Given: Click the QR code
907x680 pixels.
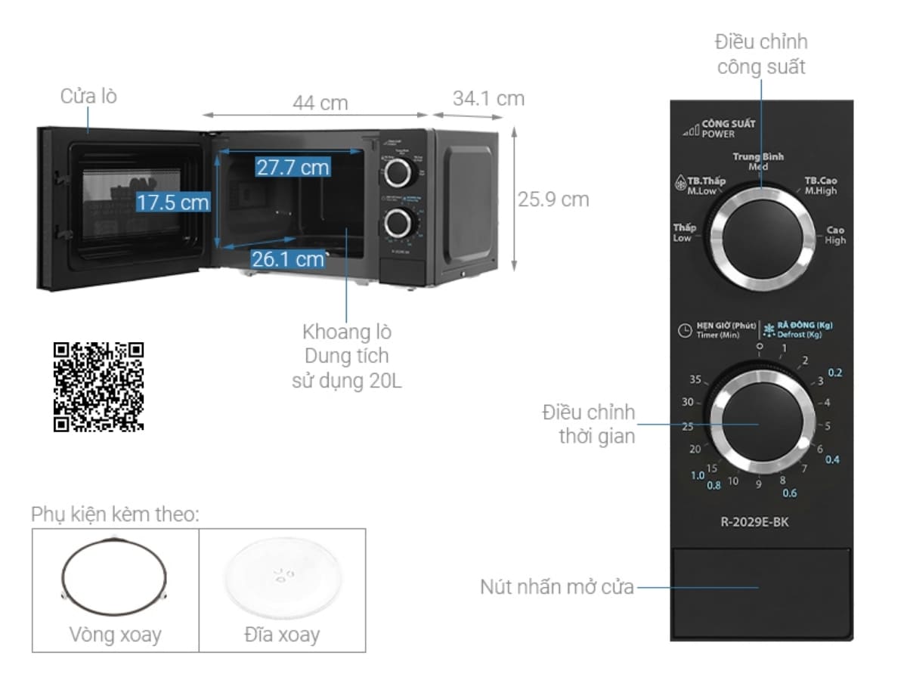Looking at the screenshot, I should pos(98,387).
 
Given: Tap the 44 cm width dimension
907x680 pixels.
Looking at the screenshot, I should pos(320,103).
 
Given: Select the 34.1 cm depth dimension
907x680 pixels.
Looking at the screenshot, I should pos(488,98).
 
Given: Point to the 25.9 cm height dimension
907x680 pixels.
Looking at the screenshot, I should pos(553,199).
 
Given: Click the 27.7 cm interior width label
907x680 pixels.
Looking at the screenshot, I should pos(292,167).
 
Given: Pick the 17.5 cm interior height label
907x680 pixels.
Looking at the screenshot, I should pos(172,202).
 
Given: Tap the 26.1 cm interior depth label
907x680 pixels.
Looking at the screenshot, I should pos(287,259).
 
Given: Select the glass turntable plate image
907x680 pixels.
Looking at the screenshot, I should pos(282,576).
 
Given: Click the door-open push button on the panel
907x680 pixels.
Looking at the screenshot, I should pos(760,586).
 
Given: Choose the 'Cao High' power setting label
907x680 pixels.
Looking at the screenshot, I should pos(835,235).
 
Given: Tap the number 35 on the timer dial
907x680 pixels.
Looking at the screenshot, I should pos(695,380).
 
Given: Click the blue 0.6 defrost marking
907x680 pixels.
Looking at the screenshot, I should pos(789,493).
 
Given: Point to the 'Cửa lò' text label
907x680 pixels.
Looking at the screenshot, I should pos(88,96).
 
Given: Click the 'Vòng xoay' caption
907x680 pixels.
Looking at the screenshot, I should pos(115,634).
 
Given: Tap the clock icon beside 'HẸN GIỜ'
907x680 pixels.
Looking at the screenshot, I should pos(683,330).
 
